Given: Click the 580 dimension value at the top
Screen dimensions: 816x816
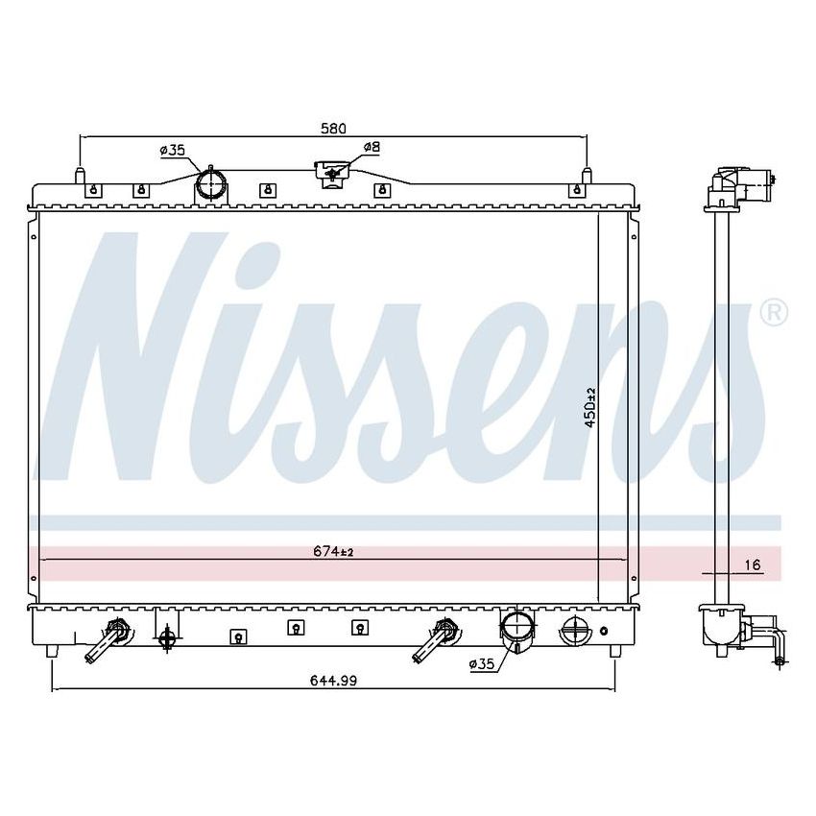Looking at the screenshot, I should point(332,128).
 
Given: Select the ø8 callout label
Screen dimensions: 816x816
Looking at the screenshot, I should point(372,147).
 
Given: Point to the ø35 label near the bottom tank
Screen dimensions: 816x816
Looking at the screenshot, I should point(482,663).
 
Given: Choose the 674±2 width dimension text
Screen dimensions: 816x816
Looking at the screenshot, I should point(333,551).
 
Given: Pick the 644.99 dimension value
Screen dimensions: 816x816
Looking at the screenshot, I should point(333,681).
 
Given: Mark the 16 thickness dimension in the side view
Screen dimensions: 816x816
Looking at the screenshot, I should point(753,565).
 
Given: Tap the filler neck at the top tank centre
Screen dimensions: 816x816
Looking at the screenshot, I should point(330,174).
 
